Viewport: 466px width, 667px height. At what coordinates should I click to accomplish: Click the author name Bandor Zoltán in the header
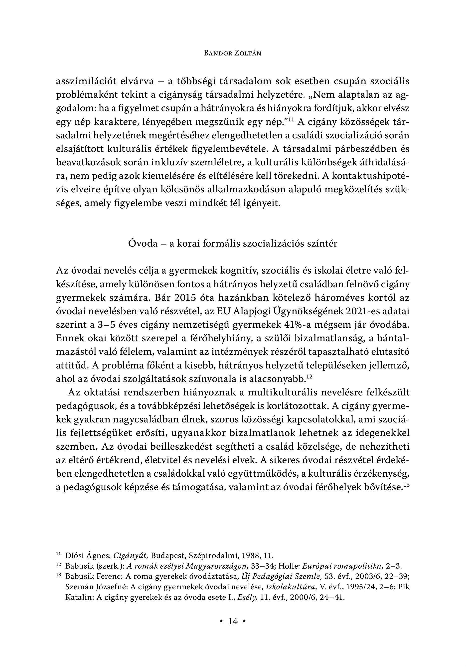pos(233,53)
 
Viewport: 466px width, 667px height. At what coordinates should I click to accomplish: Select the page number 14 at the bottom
pos(233,621)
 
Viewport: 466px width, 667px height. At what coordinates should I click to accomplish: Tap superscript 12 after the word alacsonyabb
pos(310,376)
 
